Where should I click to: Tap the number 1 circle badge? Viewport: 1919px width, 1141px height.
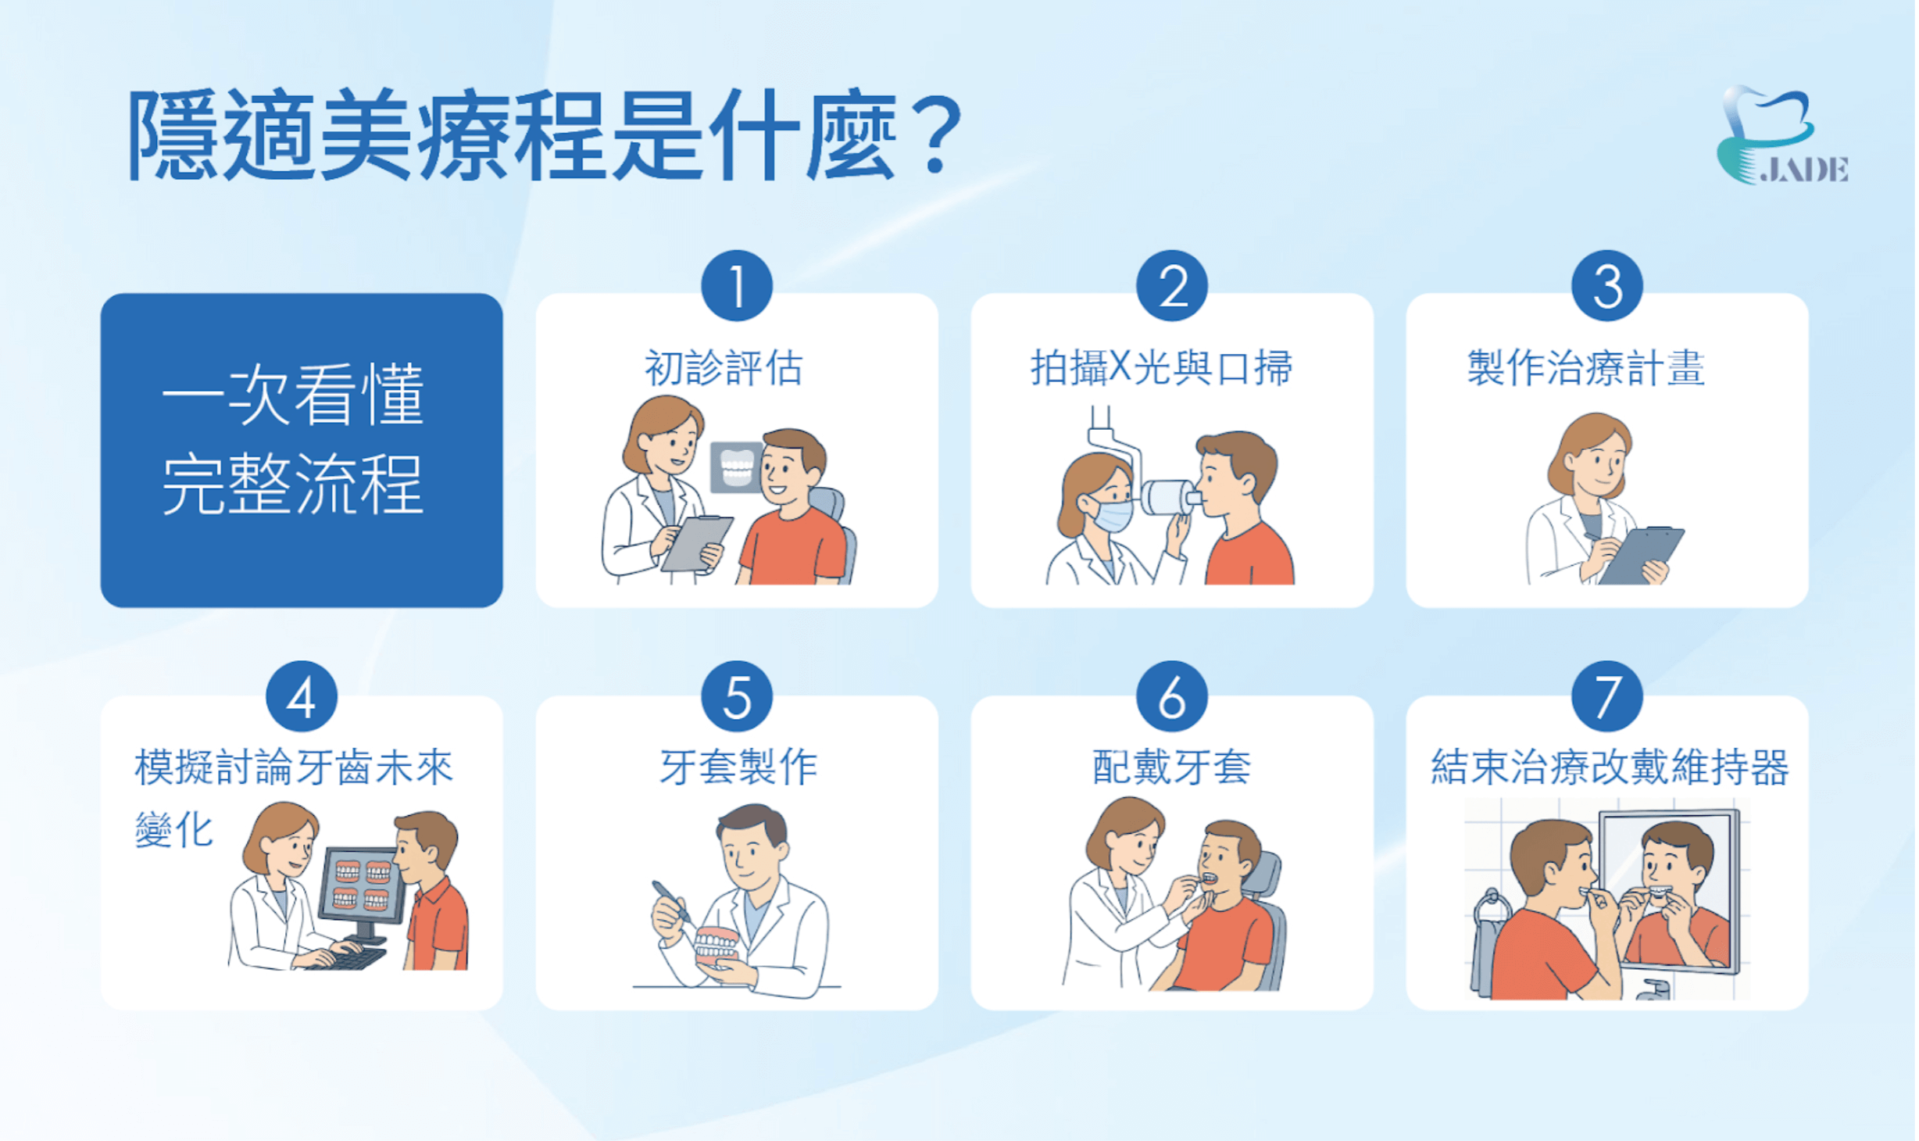coord(737,286)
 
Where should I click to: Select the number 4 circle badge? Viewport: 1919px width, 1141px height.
coord(302,696)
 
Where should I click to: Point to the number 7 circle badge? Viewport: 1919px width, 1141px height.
coord(1606,696)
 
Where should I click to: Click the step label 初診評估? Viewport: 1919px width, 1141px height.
coord(724,368)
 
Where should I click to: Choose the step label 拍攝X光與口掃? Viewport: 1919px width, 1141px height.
coord(1162,368)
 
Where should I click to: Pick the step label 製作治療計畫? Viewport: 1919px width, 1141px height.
coord(1585,368)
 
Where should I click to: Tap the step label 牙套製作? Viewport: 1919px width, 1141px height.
coord(738,767)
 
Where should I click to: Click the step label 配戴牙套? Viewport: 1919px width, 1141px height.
coord(1171,767)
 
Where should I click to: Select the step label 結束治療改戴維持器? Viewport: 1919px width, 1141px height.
coord(1610,767)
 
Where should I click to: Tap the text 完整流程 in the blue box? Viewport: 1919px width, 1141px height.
coord(293,484)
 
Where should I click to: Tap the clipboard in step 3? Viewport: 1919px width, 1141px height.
coord(1641,555)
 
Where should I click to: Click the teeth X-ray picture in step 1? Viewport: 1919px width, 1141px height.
coord(736,467)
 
